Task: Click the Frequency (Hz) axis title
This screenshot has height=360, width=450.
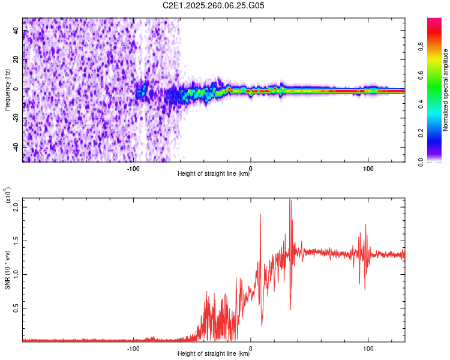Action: coord(7,90)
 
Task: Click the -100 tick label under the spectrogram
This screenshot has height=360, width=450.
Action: coord(133,169)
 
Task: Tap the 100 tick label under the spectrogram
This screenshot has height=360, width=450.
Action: coord(368,169)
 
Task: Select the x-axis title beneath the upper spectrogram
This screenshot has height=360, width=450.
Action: coord(214,175)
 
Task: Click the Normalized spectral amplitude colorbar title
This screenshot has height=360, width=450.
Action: coord(446,89)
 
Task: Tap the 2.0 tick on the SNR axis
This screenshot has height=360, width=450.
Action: coord(16,207)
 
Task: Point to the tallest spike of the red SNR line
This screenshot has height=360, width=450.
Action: coord(290,200)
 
